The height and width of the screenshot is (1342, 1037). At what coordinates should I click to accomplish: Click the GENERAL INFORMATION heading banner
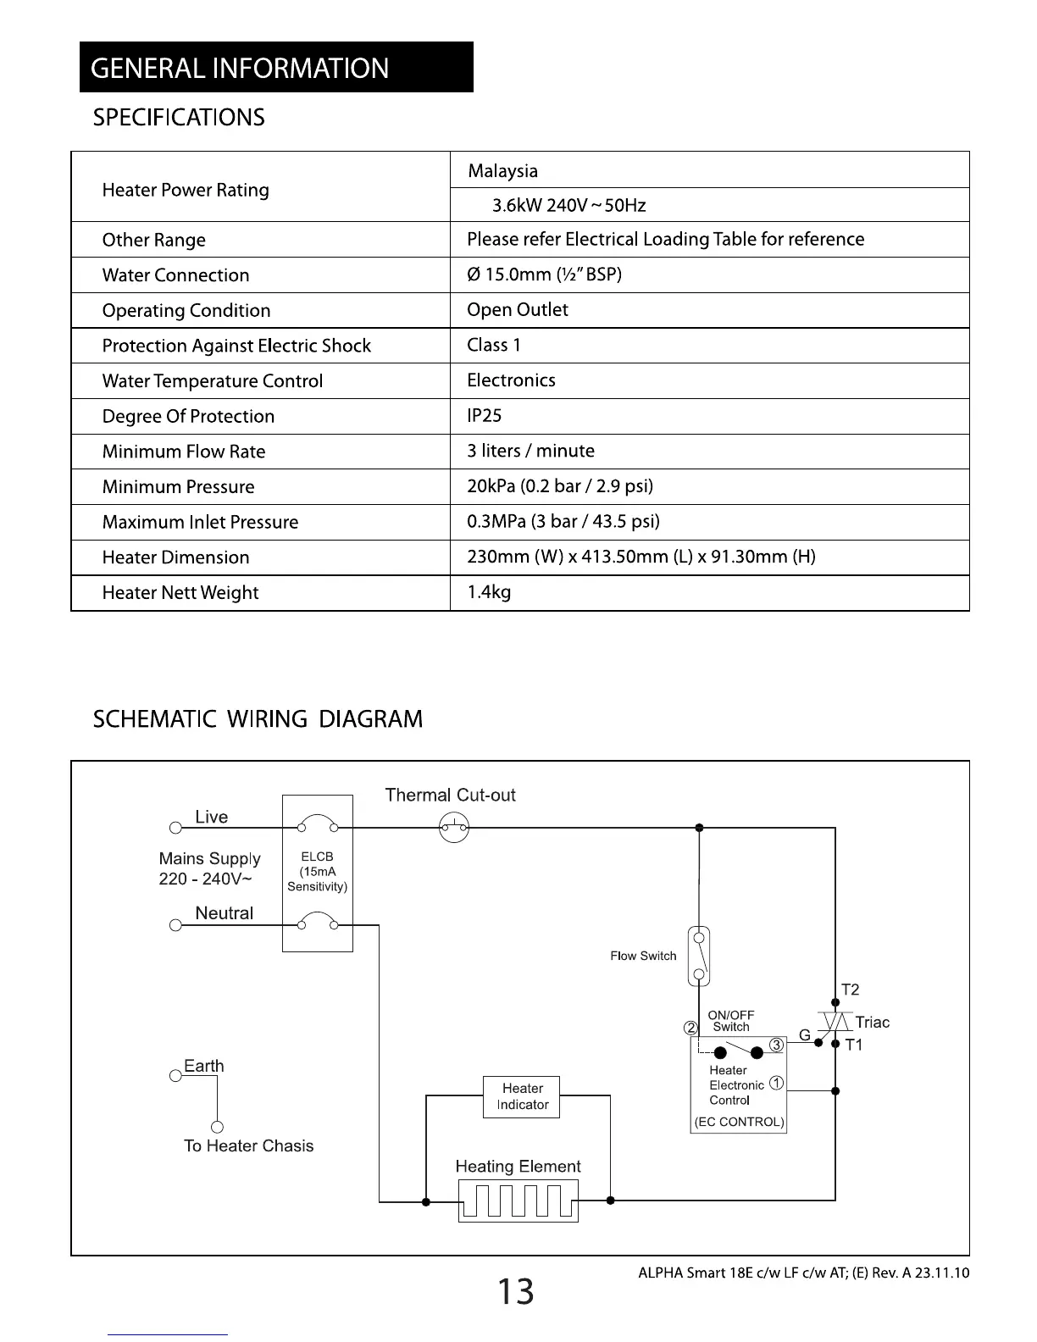pos(276,67)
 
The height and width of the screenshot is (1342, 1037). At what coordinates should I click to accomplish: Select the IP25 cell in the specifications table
pos(485,416)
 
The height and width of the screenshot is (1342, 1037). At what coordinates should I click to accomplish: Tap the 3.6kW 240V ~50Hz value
pos(568,206)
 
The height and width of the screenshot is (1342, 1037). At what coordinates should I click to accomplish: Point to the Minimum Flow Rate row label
pos(184,452)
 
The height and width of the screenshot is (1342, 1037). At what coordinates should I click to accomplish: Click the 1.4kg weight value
pos(489,592)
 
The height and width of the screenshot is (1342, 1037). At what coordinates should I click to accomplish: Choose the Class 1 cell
pos(494,345)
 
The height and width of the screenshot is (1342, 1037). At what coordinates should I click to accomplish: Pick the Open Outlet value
pos(518,310)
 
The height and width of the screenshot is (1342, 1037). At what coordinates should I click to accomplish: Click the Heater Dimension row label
pos(175,557)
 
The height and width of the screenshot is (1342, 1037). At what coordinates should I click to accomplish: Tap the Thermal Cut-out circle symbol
pos(454,828)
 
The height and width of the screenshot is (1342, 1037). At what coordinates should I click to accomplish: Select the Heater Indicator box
pos(521,1096)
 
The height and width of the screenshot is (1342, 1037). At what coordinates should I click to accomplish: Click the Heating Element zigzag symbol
pos(518,1201)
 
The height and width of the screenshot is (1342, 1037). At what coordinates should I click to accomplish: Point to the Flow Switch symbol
pos(698,957)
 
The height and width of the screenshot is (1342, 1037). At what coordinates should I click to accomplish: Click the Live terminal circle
pos(175,828)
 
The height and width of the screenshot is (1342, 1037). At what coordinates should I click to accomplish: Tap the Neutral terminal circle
pos(175,925)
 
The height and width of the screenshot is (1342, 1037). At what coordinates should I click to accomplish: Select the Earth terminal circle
pos(175,1076)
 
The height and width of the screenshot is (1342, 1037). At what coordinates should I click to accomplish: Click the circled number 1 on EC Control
pos(777,1084)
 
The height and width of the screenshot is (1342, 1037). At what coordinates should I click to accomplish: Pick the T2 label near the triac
pos(850,990)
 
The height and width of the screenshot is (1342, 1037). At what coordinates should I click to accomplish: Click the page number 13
pos(515,1292)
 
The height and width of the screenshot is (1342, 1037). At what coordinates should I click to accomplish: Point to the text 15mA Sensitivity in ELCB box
pos(317,879)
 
